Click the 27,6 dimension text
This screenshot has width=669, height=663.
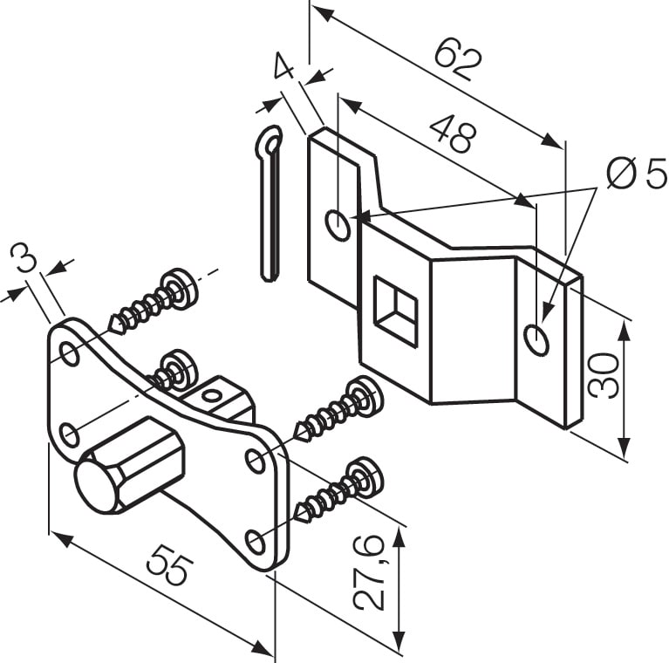[x=370, y=573]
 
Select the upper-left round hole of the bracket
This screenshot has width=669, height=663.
[x=338, y=225]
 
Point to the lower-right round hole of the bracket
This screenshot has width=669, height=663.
[x=537, y=338]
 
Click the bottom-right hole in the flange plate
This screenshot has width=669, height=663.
[x=255, y=543]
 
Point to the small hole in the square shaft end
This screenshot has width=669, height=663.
[x=210, y=395]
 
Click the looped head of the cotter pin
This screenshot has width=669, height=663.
[x=272, y=140]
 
